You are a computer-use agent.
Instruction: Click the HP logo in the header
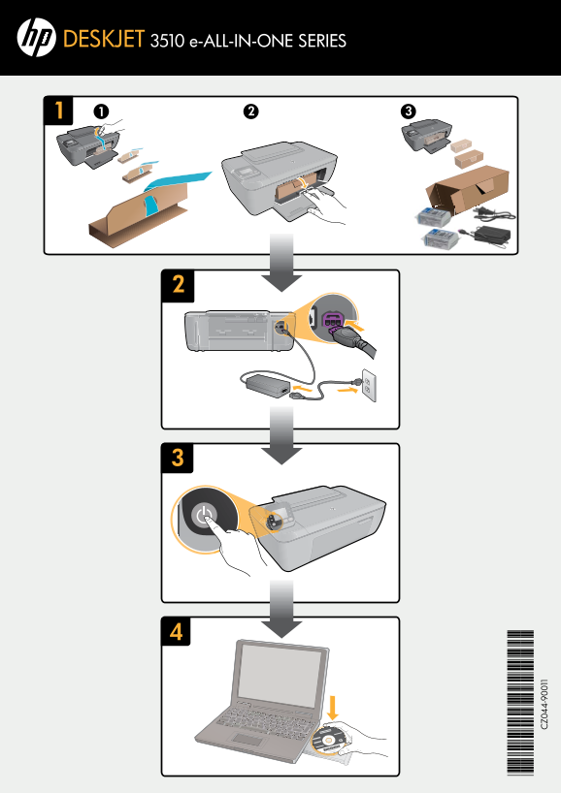pos(36,38)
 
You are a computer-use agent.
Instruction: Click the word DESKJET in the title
pos(104,39)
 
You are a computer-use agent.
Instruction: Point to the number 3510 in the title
pos(167,41)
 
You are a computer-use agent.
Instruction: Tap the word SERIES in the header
pos(322,41)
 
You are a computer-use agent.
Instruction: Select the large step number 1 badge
pos(59,111)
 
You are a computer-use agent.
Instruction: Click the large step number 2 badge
pos(178,285)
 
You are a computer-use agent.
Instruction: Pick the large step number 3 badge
pos(178,458)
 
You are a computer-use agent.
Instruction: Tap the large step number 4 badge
pos(177,631)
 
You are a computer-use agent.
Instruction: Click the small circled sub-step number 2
pos(250,111)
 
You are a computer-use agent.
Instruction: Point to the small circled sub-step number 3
pos(408,111)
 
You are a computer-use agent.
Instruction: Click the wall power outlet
pos(370,386)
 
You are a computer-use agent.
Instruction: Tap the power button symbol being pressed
pos(204,516)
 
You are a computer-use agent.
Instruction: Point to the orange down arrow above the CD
pos(333,707)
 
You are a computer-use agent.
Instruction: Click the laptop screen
pos(279,671)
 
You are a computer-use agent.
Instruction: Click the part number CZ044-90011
pos(544,704)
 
